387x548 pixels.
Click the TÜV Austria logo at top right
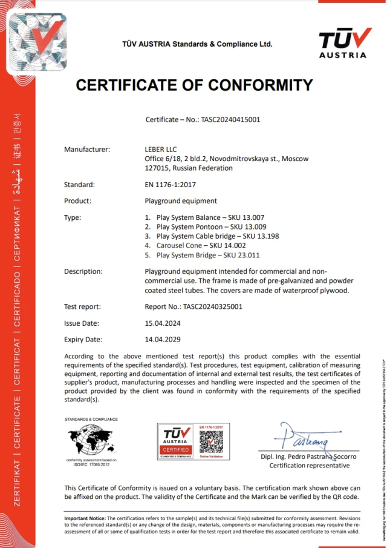[x=342, y=42]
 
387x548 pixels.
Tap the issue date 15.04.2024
[x=163, y=323]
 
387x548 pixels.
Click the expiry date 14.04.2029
[x=163, y=339]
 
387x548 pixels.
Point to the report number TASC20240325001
[x=193, y=307]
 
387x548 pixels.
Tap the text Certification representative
[x=309, y=466]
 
